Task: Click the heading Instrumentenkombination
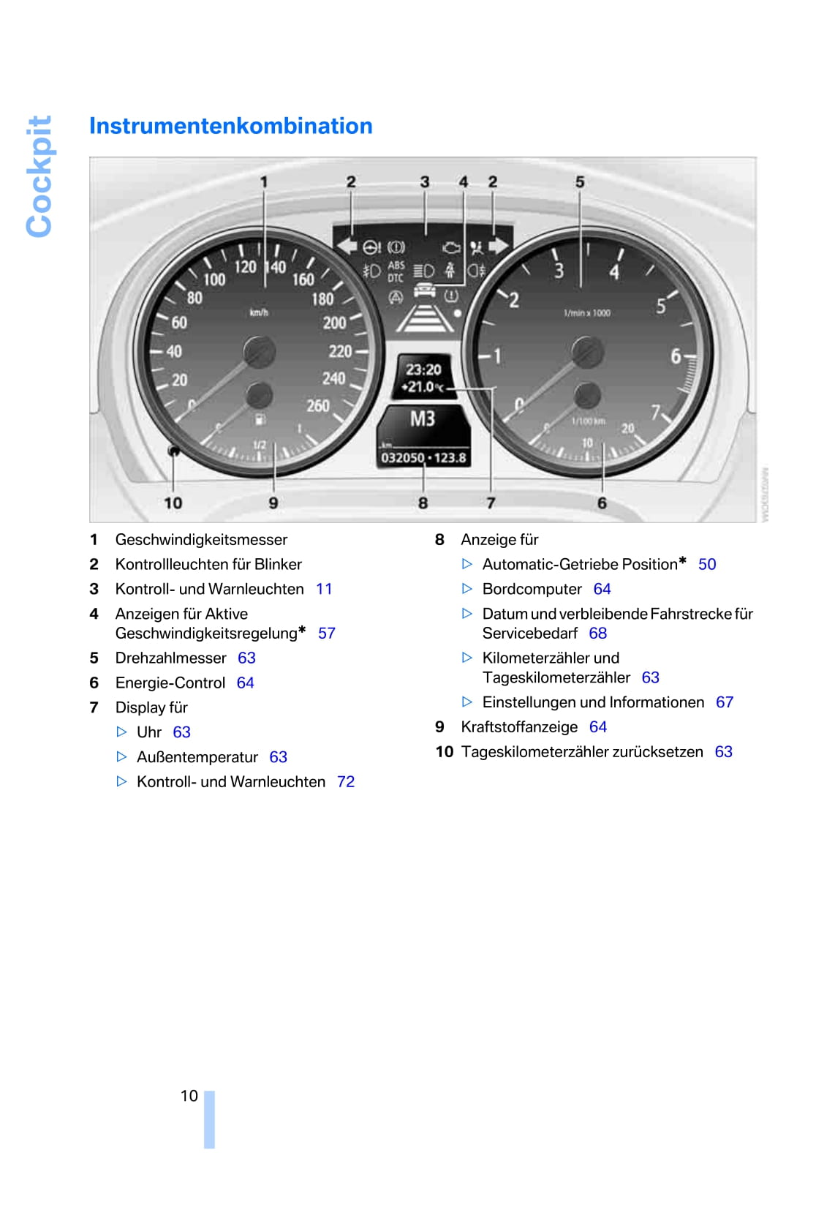click(230, 126)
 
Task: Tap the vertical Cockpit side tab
click(39, 176)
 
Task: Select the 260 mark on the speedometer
click(318, 405)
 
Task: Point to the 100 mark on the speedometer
click(214, 279)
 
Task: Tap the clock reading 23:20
click(423, 369)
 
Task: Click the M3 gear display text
click(423, 419)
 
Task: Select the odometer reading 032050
click(402, 458)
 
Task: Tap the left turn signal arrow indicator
click(347, 246)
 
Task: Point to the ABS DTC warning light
click(396, 271)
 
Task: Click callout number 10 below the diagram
click(173, 503)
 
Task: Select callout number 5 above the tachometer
click(580, 181)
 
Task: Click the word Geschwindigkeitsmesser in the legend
click(201, 540)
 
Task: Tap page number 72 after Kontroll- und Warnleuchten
click(346, 782)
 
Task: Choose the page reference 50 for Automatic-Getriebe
click(707, 565)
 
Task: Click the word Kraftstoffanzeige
click(519, 727)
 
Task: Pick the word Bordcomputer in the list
click(532, 590)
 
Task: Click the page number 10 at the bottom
click(189, 1096)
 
